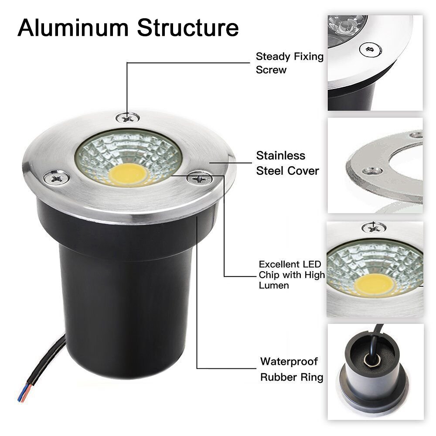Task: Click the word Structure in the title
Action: coord(187,27)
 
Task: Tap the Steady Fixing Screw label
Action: coord(290,63)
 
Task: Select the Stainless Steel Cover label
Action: coord(287,163)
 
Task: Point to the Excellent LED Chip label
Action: coord(291,275)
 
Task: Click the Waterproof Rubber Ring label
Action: coord(291,369)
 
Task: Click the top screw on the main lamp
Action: coord(128,117)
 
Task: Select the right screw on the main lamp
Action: coord(200,177)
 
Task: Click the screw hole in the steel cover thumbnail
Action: coord(372,170)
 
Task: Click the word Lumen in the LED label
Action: coord(274,286)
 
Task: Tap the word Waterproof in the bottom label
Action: coord(289,361)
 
